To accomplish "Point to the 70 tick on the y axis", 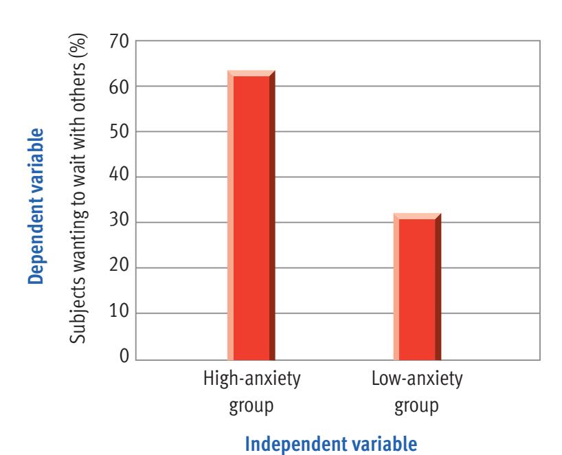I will (119, 41).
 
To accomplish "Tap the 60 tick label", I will (119, 87).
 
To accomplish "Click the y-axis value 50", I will (119, 132).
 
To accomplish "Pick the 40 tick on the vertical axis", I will (119, 177).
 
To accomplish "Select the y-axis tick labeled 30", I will (119, 223).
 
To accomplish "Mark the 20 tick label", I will (119, 268).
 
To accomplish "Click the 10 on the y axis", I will (119, 313).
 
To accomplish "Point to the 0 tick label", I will (124, 357).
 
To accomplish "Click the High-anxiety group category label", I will (251, 391).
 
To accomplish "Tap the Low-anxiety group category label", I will (417, 391).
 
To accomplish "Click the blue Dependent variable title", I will (36, 206).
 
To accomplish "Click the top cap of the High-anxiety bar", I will (251, 73).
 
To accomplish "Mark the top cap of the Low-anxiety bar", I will (417, 216).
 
